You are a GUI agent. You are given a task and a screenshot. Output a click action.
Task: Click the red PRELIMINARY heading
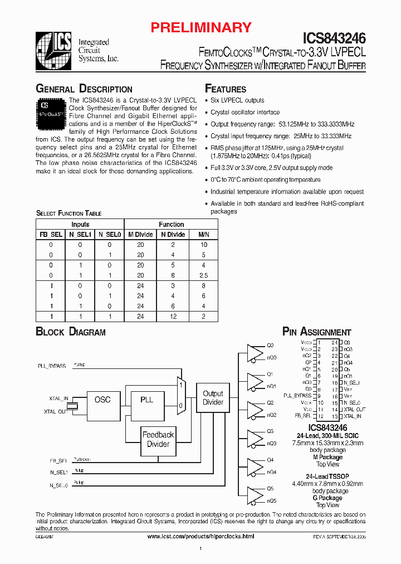point(202,27)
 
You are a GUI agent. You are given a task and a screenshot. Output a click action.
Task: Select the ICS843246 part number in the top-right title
point(334,38)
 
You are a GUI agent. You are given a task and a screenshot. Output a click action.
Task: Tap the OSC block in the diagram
point(102,400)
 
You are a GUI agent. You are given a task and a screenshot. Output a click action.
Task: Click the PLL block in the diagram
point(146,400)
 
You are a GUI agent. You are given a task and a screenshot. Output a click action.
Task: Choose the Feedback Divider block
point(158,439)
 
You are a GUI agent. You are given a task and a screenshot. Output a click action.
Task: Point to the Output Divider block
point(213,398)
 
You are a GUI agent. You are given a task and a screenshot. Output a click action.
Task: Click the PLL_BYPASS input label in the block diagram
point(52,366)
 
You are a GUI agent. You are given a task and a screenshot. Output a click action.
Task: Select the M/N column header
point(203,235)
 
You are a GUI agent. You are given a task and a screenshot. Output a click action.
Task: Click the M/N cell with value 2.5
point(203,275)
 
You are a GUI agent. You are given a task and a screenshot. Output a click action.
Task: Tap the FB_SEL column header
point(51,235)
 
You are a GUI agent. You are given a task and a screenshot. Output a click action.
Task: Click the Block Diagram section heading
point(71,332)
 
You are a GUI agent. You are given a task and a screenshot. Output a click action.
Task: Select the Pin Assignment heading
point(317,332)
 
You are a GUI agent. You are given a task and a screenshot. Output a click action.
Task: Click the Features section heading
point(226,89)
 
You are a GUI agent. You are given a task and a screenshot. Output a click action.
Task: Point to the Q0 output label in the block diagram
point(270,345)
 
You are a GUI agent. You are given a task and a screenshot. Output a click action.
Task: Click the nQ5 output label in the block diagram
point(271,500)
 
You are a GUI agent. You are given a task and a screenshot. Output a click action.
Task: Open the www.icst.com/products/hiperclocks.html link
point(200,536)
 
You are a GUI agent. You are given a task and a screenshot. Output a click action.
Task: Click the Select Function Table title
point(69,213)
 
